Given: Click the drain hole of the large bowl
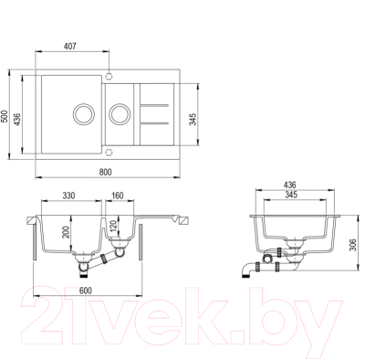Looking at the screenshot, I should pyautogui.click(x=83, y=115).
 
